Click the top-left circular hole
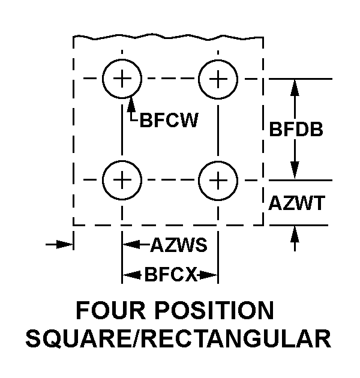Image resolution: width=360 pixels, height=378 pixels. tap(122, 79)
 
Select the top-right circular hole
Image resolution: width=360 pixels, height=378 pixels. tap(217, 79)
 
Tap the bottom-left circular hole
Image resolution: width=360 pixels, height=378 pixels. tap(122, 179)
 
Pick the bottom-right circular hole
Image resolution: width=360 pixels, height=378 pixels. tap(217, 179)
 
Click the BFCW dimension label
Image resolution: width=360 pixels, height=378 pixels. tap(169, 120)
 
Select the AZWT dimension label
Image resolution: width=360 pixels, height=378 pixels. tap(296, 203)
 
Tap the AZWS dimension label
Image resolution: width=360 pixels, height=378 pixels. tap(178, 245)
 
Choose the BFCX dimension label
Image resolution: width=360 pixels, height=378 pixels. tap(170, 275)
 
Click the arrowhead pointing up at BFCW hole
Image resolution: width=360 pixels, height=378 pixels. tap(131, 103)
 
